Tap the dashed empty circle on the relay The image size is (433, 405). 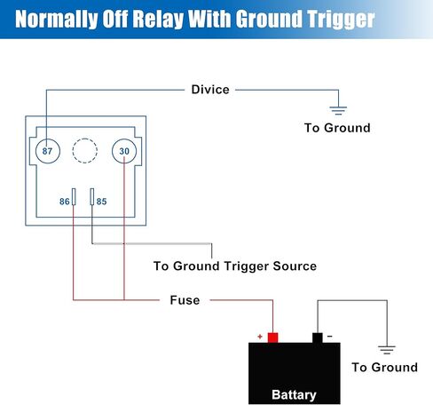(x=85, y=139)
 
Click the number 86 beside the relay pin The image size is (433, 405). (x=65, y=202)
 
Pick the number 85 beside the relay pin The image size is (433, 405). (x=101, y=202)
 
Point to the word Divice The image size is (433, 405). (x=210, y=90)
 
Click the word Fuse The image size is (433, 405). (x=185, y=300)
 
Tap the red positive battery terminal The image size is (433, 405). (x=272, y=337)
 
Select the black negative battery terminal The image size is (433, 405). (x=318, y=337)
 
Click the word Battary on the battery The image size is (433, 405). (x=294, y=394)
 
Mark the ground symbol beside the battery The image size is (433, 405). (x=387, y=350)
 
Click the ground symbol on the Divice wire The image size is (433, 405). (x=338, y=110)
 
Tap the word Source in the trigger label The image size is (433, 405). (x=295, y=266)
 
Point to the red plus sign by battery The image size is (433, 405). (x=260, y=337)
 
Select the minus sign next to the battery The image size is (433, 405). (x=330, y=337)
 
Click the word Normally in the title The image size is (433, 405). (x=57, y=20)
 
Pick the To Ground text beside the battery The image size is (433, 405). (x=385, y=368)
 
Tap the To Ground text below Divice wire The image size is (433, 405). (x=337, y=128)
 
